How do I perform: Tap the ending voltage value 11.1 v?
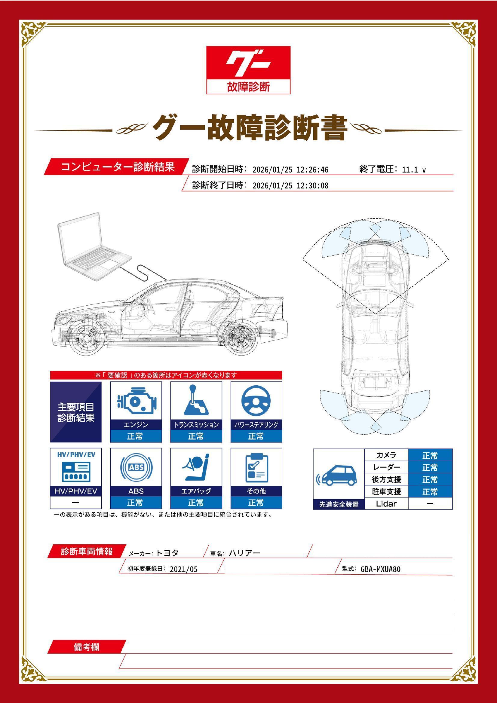click(414, 170)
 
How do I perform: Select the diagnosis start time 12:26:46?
click(312, 170)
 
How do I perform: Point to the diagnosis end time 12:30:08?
click(312, 186)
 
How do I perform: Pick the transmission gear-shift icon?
click(196, 400)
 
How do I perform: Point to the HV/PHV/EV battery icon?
click(76, 472)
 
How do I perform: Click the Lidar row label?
click(386, 504)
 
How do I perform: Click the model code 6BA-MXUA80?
click(380, 570)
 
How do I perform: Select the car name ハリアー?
click(244, 553)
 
